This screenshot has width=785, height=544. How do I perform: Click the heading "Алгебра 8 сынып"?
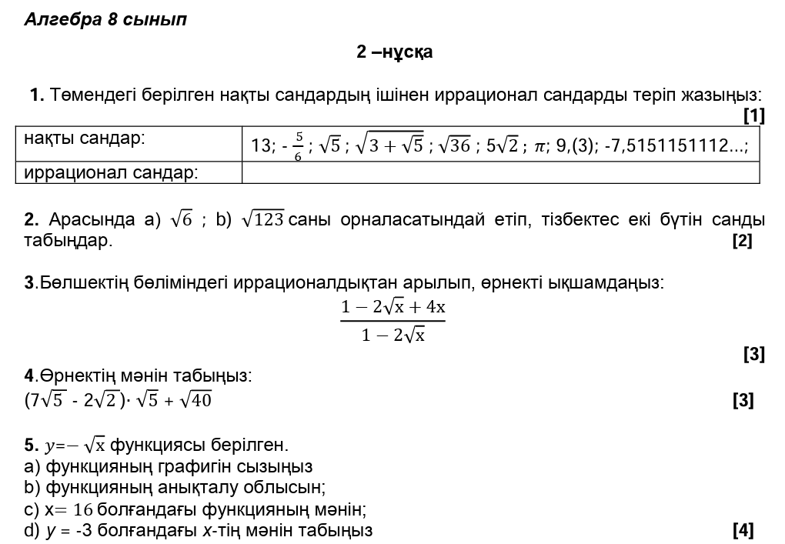point(105,20)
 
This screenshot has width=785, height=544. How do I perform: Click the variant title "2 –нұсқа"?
point(394,52)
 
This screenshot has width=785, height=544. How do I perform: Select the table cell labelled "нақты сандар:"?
point(85,139)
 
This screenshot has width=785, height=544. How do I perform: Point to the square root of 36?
point(454,145)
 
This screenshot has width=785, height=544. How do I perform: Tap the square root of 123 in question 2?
point(262,220)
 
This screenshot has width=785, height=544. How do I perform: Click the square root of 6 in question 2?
point(182,220)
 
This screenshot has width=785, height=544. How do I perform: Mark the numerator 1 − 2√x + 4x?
point(393,307)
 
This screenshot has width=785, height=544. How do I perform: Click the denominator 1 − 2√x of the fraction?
point(393,335)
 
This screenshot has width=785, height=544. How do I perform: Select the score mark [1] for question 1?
point(753,115)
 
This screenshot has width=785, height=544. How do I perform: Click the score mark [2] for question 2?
point(742,241)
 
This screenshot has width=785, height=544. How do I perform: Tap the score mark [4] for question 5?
point(743,530)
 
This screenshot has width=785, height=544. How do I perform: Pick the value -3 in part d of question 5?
point(84,530)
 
